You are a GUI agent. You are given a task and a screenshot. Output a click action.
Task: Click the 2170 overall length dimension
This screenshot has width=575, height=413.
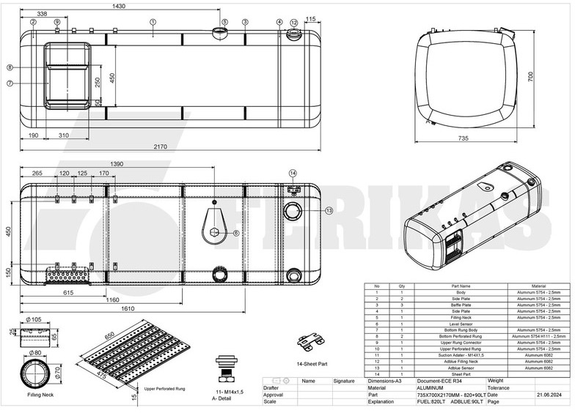pyautogui.click(x=161, y=146)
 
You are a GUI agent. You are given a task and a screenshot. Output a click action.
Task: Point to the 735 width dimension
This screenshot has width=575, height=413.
pyautogui.click(x=463, y=138)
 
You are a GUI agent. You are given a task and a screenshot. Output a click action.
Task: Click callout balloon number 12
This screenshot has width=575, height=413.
pyautogui.click(x=294, y=22)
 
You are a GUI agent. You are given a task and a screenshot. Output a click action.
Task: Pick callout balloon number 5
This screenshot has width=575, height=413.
pyautogui.click(x=224, y=22)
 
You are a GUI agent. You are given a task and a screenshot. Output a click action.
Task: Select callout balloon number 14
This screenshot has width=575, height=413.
pyautogui.click(x=292, y=174)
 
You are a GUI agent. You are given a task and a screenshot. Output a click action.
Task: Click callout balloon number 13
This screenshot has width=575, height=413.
pyautogui.click(x=329, y=211)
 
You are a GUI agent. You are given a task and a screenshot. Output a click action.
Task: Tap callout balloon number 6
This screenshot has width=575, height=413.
pyautogui.click(x=236, y=233)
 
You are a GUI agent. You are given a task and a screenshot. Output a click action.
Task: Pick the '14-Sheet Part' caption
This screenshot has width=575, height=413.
pyautogui.click(x=313, y=362)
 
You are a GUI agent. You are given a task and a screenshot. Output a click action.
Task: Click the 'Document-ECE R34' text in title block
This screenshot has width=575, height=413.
pyautogui.click(x=439, y=381)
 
